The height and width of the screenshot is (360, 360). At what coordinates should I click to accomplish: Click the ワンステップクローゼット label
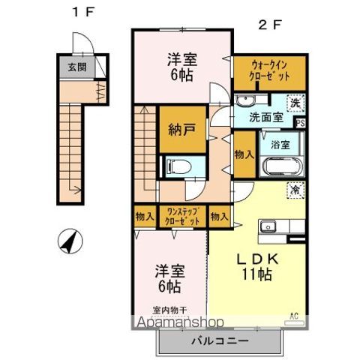click(183, 217)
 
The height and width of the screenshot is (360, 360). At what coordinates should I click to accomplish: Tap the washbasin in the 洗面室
click(246, 103)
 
